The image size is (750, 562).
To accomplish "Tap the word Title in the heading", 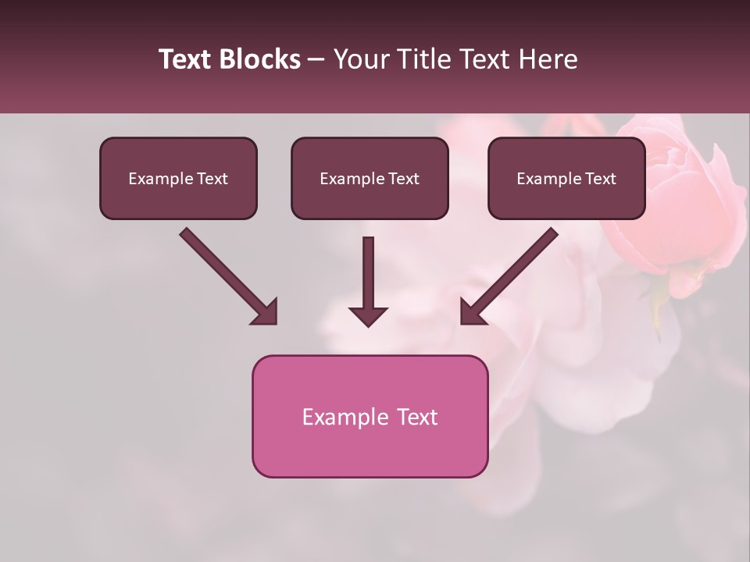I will [x=422, y=59].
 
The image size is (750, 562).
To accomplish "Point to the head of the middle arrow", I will [x=368, y=315].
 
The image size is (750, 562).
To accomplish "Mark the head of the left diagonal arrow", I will [x=266, y=312].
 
